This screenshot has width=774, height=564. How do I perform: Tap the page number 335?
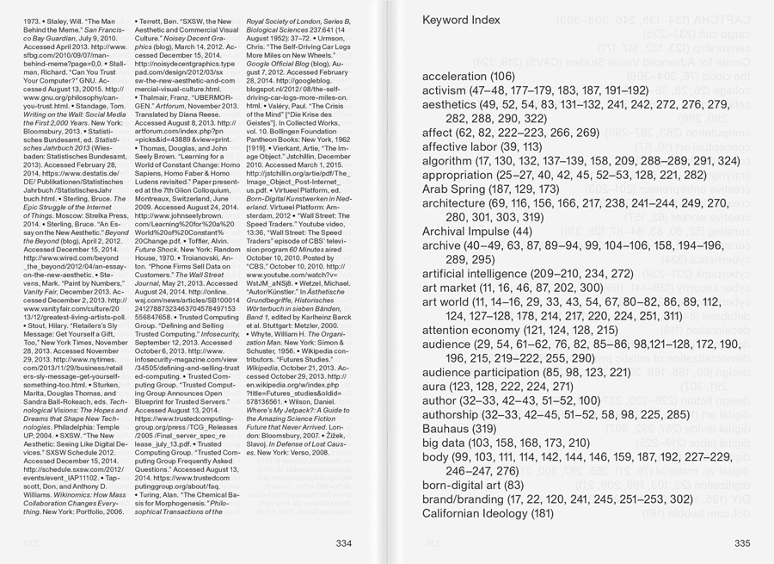click(x=742, y=542)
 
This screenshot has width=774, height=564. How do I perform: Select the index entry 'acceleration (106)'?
click(x=474, y=77)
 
